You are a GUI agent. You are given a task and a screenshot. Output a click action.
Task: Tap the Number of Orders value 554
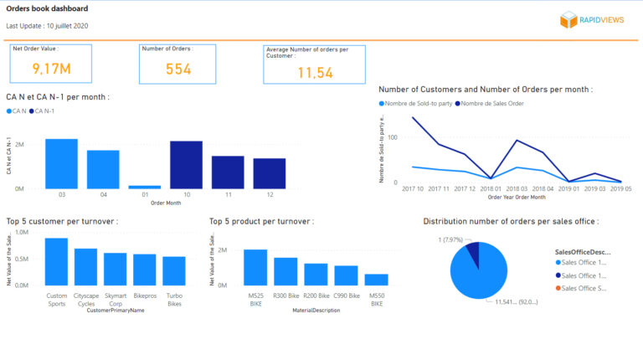pos(177,69)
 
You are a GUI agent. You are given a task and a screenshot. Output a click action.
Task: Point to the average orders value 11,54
pos(315,74)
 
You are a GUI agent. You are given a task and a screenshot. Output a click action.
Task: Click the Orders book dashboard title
pos(47,9)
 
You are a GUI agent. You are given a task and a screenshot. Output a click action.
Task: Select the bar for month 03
pos(61,163)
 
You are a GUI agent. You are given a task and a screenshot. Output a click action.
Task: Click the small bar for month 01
pos(145,187)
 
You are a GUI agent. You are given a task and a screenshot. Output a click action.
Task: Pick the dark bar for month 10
pos(186,164)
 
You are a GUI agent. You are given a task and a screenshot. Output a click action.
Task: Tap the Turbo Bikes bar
pos(174,271)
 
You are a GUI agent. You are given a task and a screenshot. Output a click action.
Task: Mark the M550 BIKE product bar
pos(376,280)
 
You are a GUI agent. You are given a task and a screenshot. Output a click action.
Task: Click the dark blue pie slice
pos(472,252)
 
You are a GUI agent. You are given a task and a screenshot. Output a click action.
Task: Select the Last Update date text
pos(47,26)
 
